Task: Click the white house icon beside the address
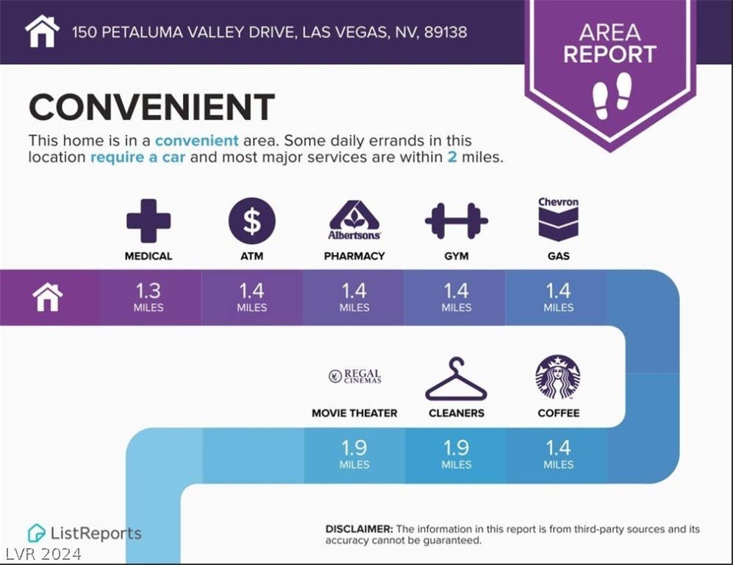42,32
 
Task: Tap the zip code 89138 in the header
446,32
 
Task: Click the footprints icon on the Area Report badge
612,96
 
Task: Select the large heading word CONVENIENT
152,107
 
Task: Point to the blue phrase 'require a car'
138,157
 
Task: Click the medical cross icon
149,221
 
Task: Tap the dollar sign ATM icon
252,221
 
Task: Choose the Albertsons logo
354,220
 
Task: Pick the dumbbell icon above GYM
457,221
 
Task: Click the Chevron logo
559,218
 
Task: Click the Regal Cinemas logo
355,376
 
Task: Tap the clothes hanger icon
457,380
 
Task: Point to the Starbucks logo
558,377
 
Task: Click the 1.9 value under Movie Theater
354,448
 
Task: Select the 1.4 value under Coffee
559,448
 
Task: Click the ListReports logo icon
37,533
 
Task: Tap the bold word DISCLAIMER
359,529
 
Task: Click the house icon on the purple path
48,297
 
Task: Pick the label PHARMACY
354,256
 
